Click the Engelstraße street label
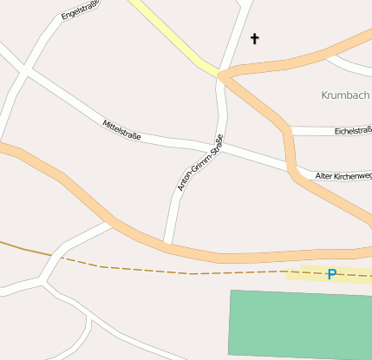pos(81,10)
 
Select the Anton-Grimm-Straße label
pos(200,162)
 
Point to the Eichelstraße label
pos(352,132)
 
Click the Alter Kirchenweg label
pos(343,176)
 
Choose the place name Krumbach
pos(345,95)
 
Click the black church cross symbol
pos(255,38)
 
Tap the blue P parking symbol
pos(331,274)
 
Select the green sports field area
pos(299,323)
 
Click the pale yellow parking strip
pos(303,274)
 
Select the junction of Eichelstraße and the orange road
pos(290,132)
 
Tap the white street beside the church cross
pos(238,35)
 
